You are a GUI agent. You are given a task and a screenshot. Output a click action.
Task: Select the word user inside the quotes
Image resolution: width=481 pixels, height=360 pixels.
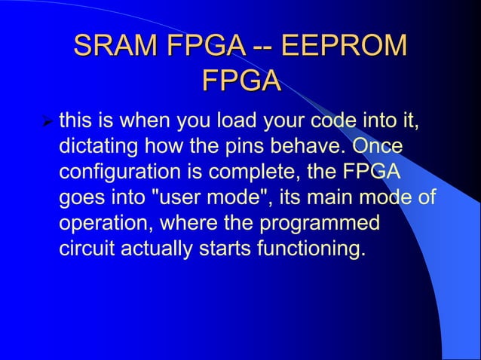coord(187,199)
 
